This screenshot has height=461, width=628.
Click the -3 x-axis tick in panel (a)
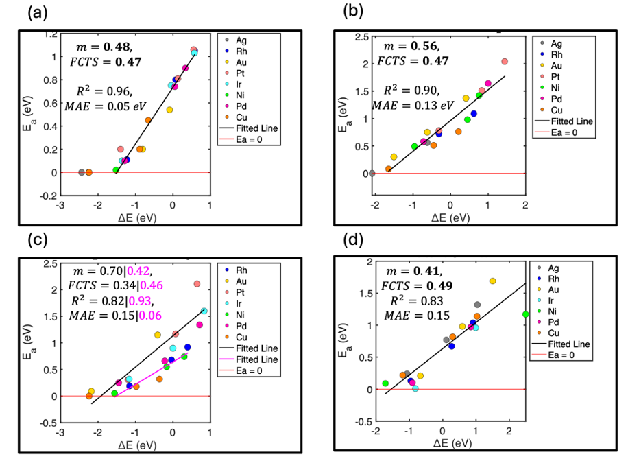(61, 204)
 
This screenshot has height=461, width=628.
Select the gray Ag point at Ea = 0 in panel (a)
(81, 172)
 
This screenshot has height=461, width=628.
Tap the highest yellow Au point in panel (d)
(492, 281)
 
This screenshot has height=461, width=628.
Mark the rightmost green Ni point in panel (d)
(526, 314)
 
